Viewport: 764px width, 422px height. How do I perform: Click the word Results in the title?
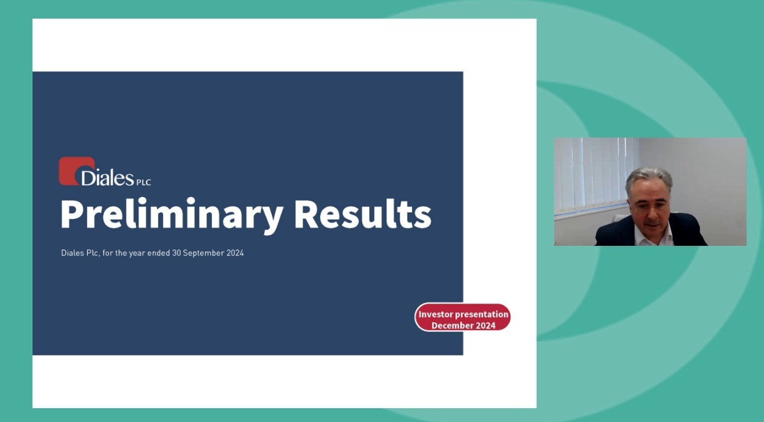coord(363,213)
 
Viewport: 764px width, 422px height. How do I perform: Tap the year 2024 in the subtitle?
coord(235,253)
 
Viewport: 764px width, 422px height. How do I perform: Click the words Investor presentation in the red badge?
coord(463,314)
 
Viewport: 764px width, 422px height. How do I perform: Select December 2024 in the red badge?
coord(463,326)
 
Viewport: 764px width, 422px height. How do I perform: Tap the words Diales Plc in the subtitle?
coord(81,253)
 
